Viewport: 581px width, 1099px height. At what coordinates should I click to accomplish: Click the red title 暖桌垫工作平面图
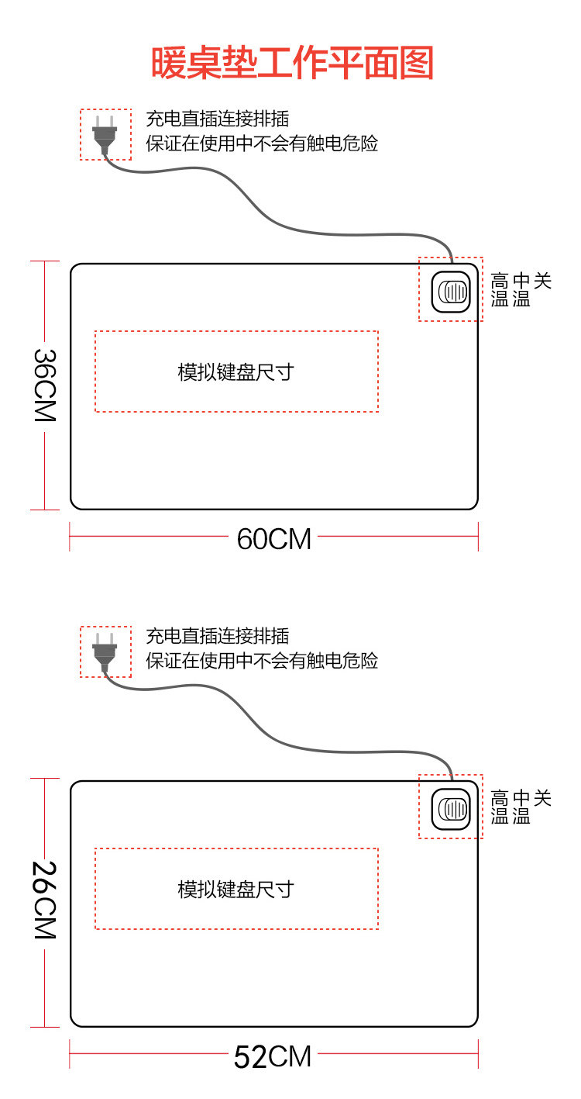292,64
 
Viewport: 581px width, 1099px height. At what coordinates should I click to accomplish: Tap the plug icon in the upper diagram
105,133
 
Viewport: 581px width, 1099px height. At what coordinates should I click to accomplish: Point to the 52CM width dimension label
273,1056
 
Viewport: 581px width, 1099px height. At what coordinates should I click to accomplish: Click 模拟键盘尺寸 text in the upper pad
236,372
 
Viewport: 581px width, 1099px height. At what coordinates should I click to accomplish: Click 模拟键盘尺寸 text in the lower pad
236,889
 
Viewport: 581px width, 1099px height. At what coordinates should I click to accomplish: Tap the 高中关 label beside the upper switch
521,282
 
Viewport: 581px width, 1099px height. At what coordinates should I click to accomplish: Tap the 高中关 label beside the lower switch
521,798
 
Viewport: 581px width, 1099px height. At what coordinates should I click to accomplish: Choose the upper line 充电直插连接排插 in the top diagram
218,119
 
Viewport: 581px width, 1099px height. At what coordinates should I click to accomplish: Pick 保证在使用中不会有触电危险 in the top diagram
262,143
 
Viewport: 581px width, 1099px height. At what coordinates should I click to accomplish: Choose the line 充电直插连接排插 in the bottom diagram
218,637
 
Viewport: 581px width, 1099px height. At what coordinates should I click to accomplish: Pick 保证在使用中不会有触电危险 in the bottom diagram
262,661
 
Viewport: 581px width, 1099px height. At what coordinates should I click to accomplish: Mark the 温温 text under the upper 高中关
510,299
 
